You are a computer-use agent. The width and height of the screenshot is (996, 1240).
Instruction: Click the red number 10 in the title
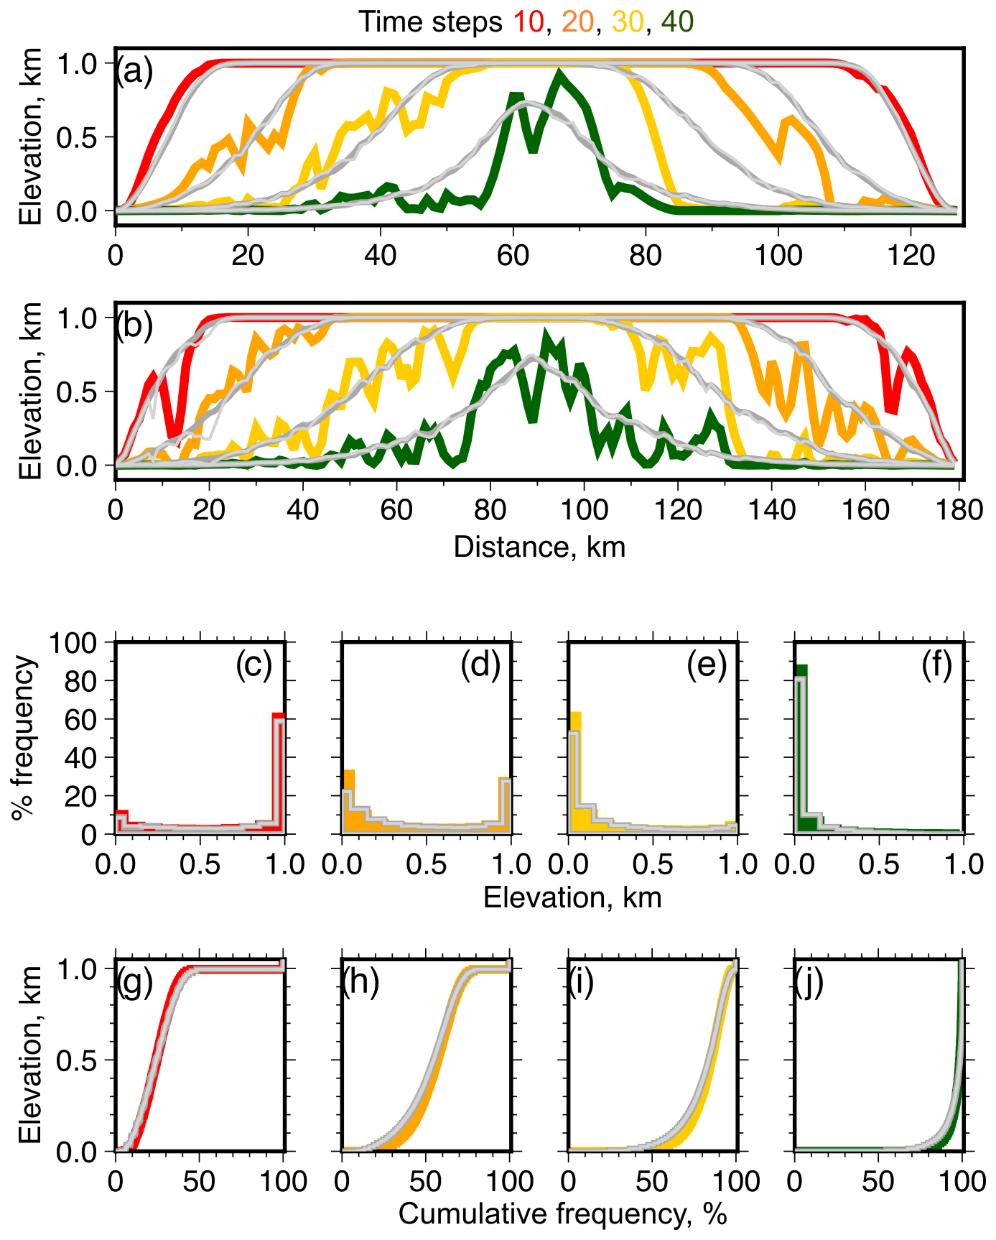(528, 22)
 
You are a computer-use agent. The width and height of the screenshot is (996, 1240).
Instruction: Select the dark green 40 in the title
(677, 22)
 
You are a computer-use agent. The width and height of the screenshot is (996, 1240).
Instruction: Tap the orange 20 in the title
(577, 22)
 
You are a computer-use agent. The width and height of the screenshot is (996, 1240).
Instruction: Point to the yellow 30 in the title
(628, 22)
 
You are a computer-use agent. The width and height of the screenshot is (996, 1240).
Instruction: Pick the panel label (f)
(937, 666)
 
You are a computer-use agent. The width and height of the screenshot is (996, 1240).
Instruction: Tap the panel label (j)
(809, 984)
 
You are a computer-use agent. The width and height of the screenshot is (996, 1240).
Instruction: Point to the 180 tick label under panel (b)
(959, 509)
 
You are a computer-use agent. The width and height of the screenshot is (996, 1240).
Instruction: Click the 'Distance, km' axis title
(539, 547)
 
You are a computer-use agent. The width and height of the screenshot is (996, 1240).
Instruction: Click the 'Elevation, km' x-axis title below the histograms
(572, 897)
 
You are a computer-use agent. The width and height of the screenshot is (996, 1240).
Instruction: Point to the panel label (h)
(360, 984)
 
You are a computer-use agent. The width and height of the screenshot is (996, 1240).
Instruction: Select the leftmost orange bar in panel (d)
(350, 801)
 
